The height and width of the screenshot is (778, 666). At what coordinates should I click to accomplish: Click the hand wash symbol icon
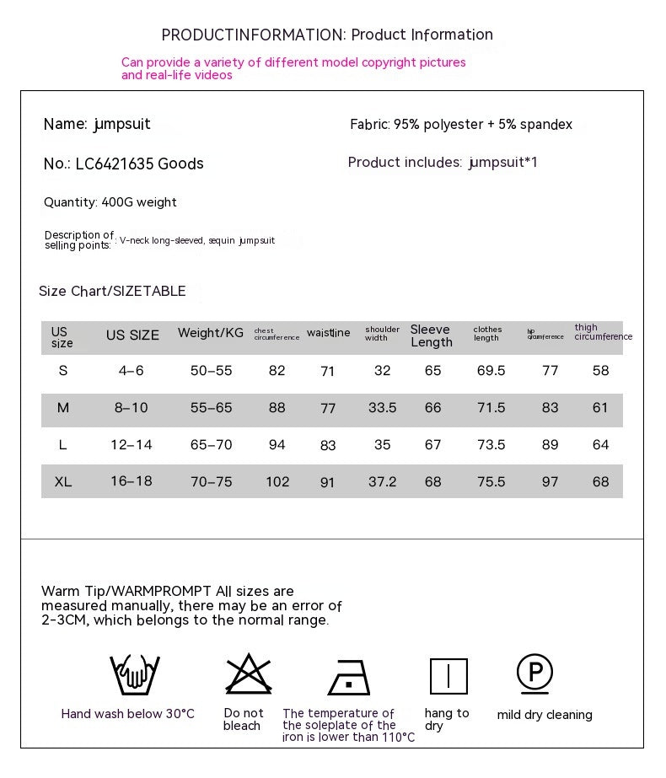pos(135,674)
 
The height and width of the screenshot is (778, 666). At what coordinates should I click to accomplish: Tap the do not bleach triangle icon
pos(243,674)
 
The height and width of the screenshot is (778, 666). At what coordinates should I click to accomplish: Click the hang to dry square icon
pos(448,676)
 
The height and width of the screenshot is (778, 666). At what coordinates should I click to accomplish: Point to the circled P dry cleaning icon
pos(534,673)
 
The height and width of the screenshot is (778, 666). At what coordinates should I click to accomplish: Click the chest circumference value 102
pos(277,482)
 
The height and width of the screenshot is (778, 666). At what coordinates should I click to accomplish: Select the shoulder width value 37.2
pos(382,482)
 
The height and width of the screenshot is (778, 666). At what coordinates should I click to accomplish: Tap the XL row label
pos(63,482)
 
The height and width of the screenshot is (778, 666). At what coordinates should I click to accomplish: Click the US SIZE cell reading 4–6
pos(131,371)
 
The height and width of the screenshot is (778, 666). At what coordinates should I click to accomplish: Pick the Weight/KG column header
pos(210,333)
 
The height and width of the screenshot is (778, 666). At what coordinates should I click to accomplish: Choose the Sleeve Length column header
pos(432,335)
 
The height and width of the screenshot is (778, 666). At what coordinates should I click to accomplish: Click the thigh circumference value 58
pos(600,371)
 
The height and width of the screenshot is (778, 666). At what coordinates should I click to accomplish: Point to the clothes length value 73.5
pos(491,445)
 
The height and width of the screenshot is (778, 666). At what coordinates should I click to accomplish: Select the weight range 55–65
pos(211,408)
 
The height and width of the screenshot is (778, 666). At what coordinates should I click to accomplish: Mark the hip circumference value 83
pos(550,408)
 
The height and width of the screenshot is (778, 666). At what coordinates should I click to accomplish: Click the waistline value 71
pos(328,372)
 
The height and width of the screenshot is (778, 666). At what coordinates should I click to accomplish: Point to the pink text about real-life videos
pos(177,75)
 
